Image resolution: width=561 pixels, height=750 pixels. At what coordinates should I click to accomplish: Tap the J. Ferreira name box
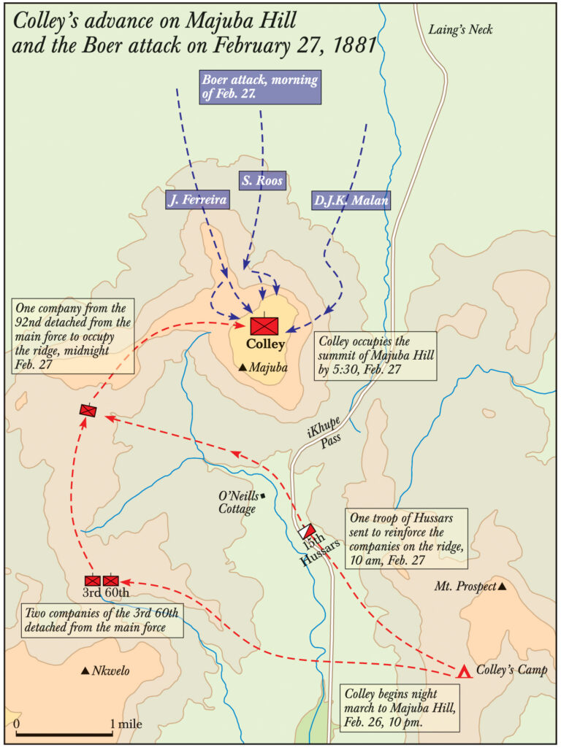[x=195, y=199]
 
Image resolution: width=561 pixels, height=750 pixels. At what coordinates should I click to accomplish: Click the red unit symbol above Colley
[x=264, y=325]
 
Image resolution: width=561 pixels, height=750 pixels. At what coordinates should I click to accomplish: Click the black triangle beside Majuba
[x=243, y=368]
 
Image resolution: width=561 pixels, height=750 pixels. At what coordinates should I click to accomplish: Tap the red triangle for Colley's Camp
[x=463, y=672]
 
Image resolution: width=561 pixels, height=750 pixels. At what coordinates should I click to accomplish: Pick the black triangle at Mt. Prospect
[x=501, y=586]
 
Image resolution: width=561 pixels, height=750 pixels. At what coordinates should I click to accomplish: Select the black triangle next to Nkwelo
[x=85, y=670]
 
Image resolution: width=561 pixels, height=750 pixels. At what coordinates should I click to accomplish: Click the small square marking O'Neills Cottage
[x=262, y=497]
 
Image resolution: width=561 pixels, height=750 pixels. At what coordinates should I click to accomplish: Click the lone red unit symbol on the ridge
[x=88, y=411]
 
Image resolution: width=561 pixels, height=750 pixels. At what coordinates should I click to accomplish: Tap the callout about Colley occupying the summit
[x=375, y=356]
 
